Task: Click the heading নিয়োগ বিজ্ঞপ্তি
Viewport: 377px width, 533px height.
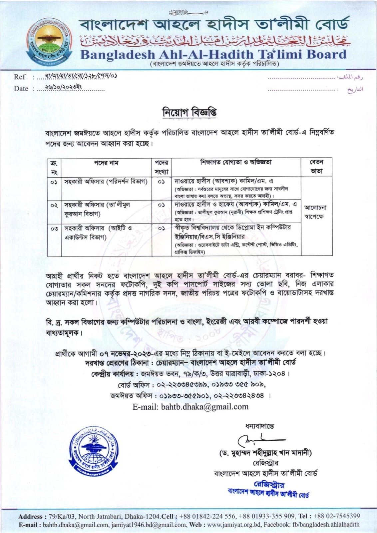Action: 188,112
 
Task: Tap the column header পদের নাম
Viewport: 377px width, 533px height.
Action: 106,163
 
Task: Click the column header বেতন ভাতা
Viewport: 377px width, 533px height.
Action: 316,167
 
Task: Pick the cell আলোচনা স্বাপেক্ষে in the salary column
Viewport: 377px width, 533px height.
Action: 316,212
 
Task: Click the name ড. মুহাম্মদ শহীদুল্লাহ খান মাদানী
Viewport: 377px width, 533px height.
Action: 265,453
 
